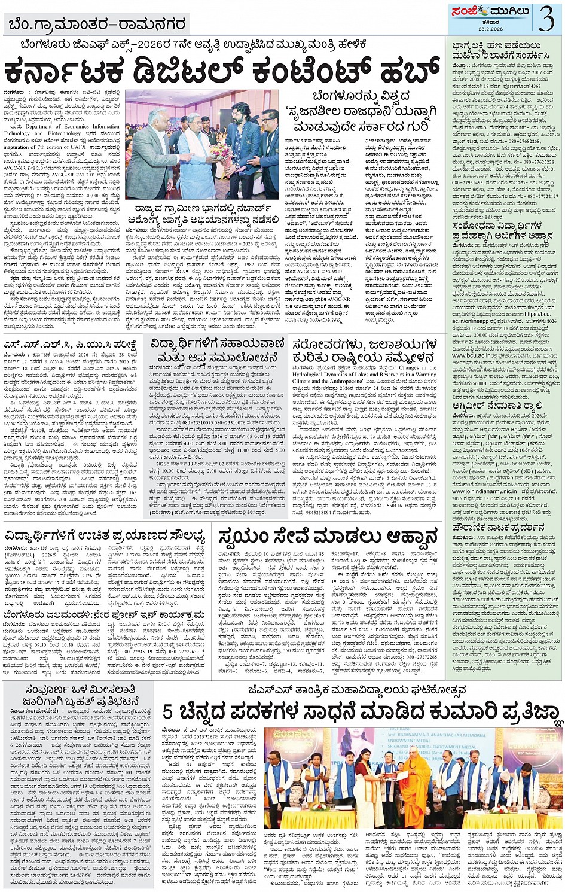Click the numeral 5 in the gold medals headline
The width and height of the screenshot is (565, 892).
pos(169,713)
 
